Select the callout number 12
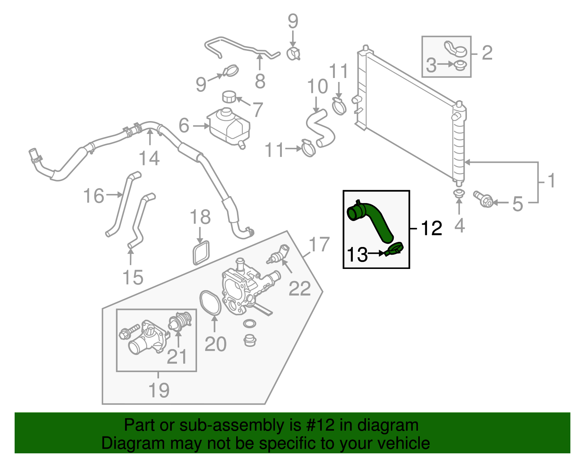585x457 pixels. [431, 229]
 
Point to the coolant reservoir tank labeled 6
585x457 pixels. [230, 126]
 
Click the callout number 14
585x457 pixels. [149, 158]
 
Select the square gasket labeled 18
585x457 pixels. [201, 252]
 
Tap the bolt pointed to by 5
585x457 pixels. [483, 199]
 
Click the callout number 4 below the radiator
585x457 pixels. [459, 226]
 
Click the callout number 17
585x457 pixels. [319, 244]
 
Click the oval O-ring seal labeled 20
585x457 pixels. [210, 302]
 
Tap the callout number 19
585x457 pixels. [159, 390]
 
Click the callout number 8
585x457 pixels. [260, 81]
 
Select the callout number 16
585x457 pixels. [94, 196]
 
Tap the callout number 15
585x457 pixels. [132, 277]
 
